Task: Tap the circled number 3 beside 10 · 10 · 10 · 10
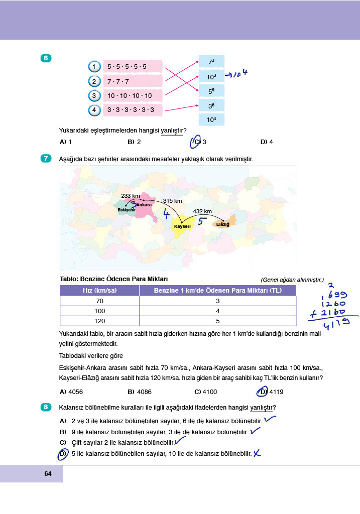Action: (94, 95)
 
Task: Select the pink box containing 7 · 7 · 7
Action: (133, 81)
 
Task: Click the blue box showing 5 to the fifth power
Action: (211, 92)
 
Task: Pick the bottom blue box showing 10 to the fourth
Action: (211, 119)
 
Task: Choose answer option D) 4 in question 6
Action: (267, 142)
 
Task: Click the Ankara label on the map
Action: (144, 205)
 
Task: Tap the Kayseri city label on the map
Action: (183, 227)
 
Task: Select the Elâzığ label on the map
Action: (222, 224)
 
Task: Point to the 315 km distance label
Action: (172, 201)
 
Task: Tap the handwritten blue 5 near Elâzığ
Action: (201, 221)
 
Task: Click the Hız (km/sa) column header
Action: (99, 291)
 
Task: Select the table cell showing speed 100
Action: (99, 311)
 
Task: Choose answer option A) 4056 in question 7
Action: (70, 392)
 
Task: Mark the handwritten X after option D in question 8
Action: (258, 454)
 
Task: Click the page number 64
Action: (48, 474)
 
